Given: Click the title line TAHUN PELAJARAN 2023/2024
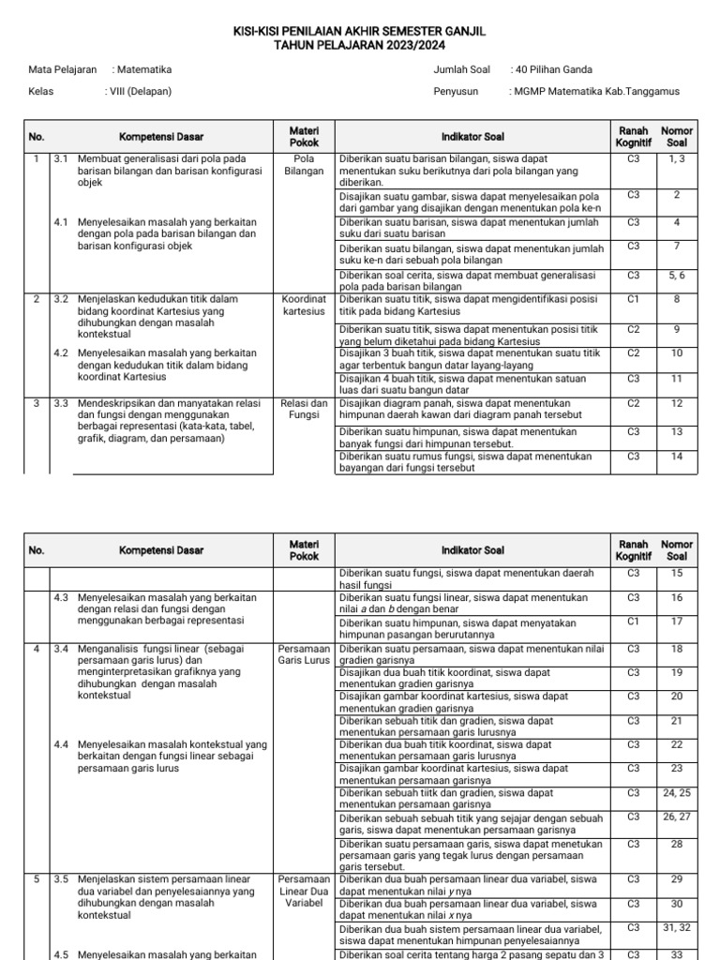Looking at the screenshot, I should pos(360,45).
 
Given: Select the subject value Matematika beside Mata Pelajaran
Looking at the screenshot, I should pos(143,69).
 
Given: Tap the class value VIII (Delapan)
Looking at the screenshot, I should pos(140,92).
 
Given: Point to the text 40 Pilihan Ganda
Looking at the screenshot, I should pos(553,69).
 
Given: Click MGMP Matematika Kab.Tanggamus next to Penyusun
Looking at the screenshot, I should pos(595,92).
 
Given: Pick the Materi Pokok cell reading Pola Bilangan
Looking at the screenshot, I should pos(304,165).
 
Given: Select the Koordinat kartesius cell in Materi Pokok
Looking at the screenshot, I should pos(304,305).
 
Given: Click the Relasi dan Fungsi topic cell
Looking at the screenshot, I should pos(304,409).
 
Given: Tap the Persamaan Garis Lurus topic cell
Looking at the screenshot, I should pos(304,653).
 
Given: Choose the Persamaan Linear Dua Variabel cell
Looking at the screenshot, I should pos(304,892).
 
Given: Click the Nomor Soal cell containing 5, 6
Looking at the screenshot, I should pos(676,276).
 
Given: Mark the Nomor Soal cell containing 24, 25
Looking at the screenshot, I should pos(676,792).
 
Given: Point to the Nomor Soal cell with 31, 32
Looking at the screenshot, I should pos(676,928).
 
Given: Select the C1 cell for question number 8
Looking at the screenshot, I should pos(634,299).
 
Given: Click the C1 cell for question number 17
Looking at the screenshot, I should pos(634,621).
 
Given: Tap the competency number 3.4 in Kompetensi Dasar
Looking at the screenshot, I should pos(61,648).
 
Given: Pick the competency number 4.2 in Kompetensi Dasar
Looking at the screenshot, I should pos(61,353).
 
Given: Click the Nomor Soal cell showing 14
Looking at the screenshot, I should pos(676,457).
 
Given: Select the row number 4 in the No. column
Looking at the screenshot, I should pos(37,648).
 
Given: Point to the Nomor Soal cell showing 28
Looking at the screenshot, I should pos(676,844).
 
